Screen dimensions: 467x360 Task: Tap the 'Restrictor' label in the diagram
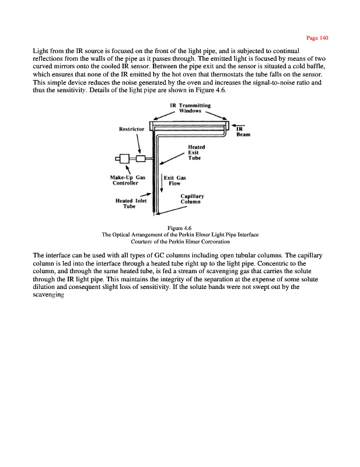tap(132, 130)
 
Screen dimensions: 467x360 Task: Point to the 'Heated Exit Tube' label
tap(195, 153)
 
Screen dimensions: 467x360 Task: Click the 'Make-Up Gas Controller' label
tap(128, 179)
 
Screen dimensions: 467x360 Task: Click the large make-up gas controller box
tap(124, 158)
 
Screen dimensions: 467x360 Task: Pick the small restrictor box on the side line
tap(141, 158)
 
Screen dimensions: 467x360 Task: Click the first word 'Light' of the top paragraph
tap(40, 51)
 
